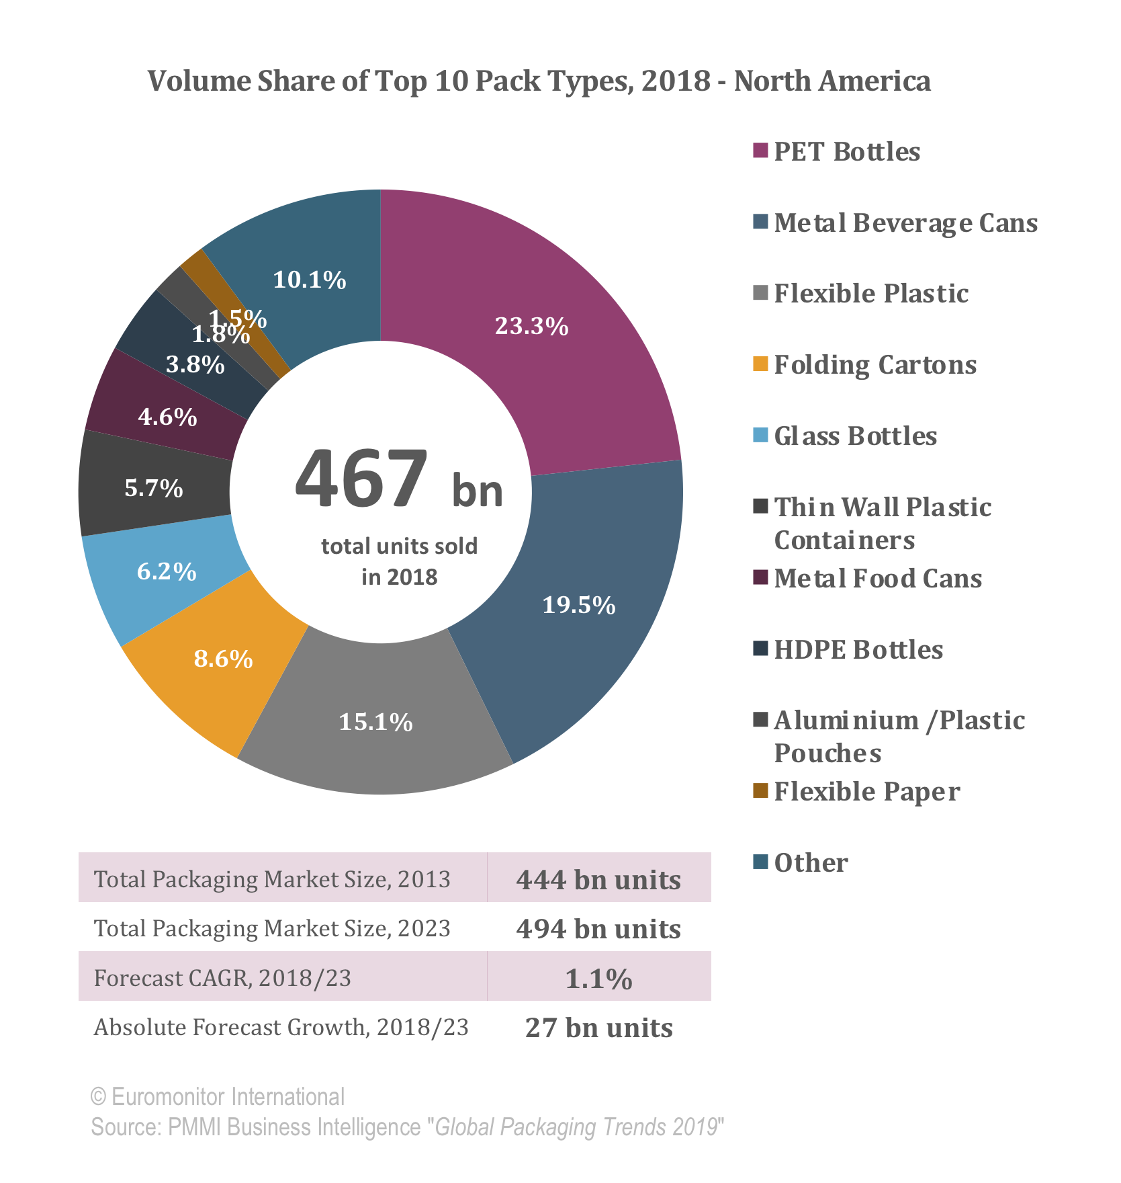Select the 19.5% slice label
(578, 606)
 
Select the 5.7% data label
(154, 488)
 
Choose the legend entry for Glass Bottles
(854, 436)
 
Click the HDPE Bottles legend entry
(858, 650)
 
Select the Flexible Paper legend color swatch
(760, 790)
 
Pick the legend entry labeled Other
(810, 863)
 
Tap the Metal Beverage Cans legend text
(905, 223)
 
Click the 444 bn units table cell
(598, 879)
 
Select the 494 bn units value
(598, 929)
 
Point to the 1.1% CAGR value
(598, 979)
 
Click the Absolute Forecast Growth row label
(281, 1028)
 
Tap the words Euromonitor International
(228, 1097)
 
